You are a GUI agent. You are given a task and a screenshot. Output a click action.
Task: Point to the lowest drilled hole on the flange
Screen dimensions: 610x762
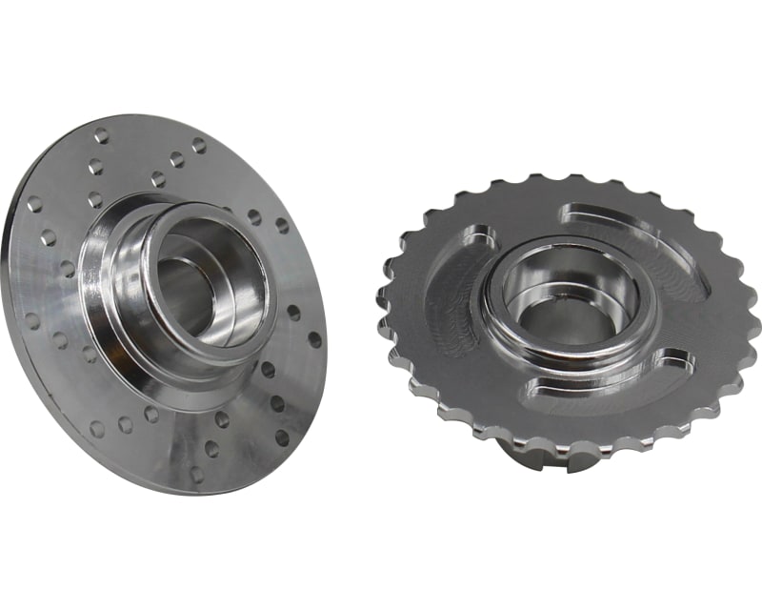pyautogui.click(x=196, y=474)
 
